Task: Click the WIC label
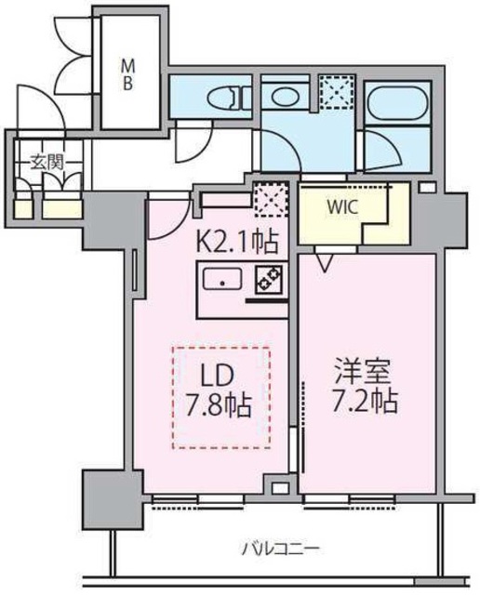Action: (x=340, y=205)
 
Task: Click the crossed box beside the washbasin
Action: (x=331, y=95)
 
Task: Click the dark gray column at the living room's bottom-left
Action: (x=110, y=498)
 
